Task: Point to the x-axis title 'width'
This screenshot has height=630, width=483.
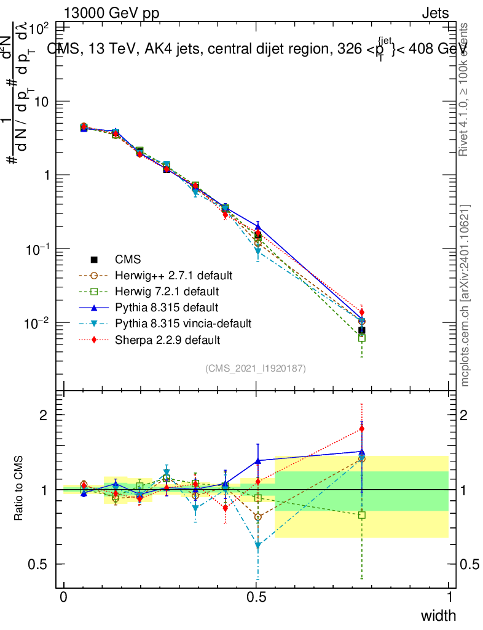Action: pos(438,615)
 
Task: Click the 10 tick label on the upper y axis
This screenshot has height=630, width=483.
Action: pos(43,102)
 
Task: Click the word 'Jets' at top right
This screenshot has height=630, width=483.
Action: pos(435,14)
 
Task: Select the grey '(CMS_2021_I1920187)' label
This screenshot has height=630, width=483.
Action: pos(256,368)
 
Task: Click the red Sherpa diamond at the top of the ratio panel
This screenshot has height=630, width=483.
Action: pos(362,429)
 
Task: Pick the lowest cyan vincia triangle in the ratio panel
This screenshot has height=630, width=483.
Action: pos(258,545)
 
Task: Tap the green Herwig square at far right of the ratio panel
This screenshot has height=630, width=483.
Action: pos(362,515)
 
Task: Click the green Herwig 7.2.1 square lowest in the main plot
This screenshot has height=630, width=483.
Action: pos(362,338)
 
